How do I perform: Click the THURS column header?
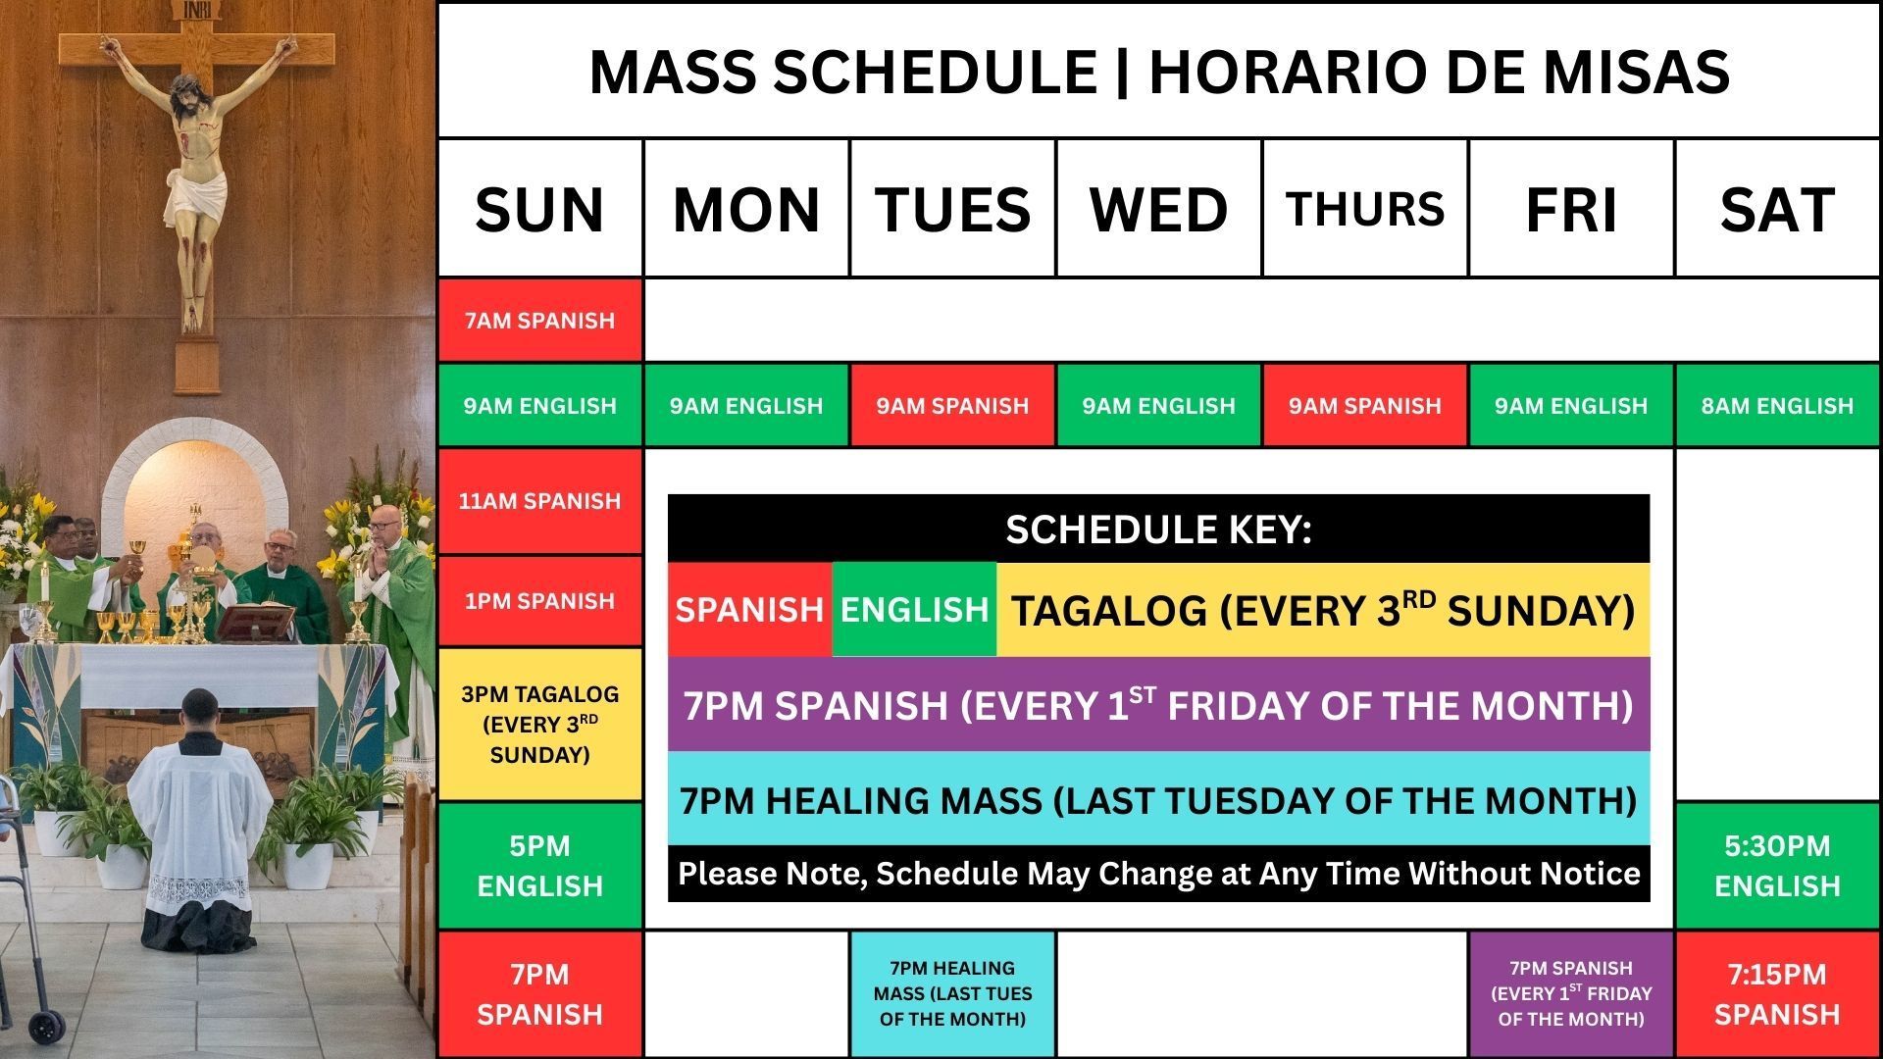(1364, 209)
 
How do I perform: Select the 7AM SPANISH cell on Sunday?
(539, 321)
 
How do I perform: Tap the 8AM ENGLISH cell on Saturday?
(1777, 406)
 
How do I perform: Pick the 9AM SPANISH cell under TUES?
(952, 406)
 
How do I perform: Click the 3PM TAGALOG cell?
(539, 725)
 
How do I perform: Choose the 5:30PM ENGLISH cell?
(1777, 865)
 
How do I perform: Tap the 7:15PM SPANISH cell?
(1777, 993)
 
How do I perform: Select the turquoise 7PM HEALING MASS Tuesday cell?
(952, 993)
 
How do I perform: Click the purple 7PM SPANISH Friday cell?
(1571, 993)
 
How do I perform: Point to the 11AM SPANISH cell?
(539, 501)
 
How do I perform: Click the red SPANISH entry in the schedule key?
(749, 610)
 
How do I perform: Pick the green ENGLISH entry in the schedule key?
(914, 610)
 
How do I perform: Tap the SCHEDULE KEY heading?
(1158, 529)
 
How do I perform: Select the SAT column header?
(1777, 209)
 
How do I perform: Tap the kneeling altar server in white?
(200, 814)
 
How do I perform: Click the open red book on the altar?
(255, 620)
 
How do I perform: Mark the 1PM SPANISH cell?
(539, 601)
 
